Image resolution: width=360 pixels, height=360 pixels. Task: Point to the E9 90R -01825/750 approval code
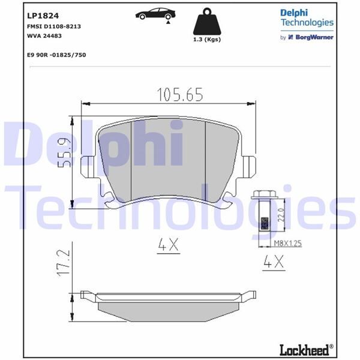pos(57,54)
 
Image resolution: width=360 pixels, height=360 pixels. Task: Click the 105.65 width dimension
pos(180,94)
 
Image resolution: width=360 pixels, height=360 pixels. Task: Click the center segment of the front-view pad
pos(168,159)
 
